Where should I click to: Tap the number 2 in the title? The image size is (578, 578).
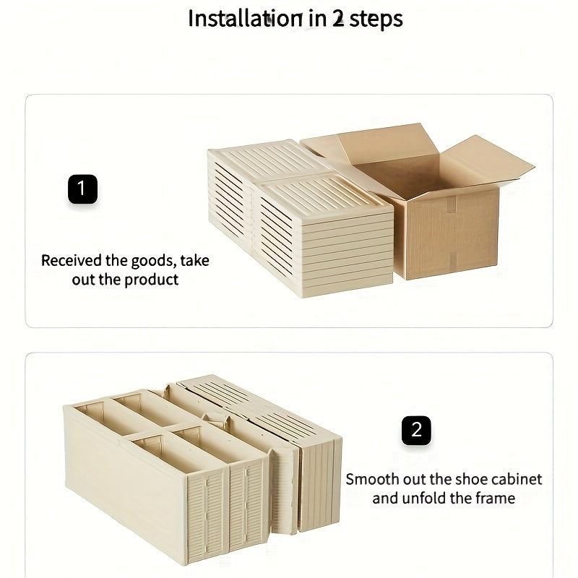click(x=338, y=19)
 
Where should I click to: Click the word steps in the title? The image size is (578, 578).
click(x=376, y=20)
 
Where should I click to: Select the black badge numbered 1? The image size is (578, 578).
click(x=82, y=190)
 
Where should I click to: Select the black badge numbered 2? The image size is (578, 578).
click(x=416, y=431)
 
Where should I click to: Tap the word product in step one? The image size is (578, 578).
click(x=152, y=280)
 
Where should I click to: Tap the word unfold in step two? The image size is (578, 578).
click(x=424, y=498)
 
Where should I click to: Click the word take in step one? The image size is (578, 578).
click(x=195, y=261)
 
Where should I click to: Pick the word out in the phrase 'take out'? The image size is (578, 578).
click(x=83, y=280)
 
